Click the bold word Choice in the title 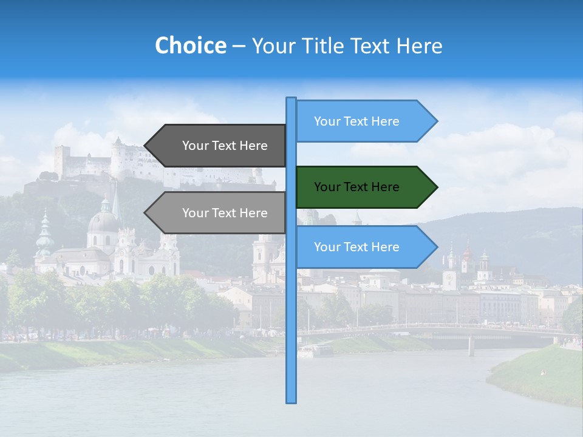(x=190, y=46)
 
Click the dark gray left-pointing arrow (x=219, y=146)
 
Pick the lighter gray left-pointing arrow (x=219, y=213)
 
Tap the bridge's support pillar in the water (x=471, y=346)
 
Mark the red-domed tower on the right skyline (x=467, y=252)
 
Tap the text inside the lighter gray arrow (x=225, y=213)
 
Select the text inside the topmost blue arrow (x=356, y=121)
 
